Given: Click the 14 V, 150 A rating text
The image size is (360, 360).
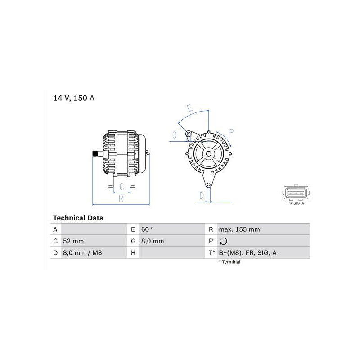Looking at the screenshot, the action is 74,98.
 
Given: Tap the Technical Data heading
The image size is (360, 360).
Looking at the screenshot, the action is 78,218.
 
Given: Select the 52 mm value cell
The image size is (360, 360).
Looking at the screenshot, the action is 73,241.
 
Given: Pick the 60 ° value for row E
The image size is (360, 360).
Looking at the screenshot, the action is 148,229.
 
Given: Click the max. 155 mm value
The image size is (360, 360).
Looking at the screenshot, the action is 239,229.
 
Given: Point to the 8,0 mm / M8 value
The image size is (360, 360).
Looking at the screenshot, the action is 82,253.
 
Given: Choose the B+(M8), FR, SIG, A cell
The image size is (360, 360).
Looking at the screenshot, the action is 247,253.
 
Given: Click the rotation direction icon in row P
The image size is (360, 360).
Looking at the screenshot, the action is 223,241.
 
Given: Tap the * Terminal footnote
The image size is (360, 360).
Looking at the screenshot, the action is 229,262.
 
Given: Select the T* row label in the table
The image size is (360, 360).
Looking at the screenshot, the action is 211,253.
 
